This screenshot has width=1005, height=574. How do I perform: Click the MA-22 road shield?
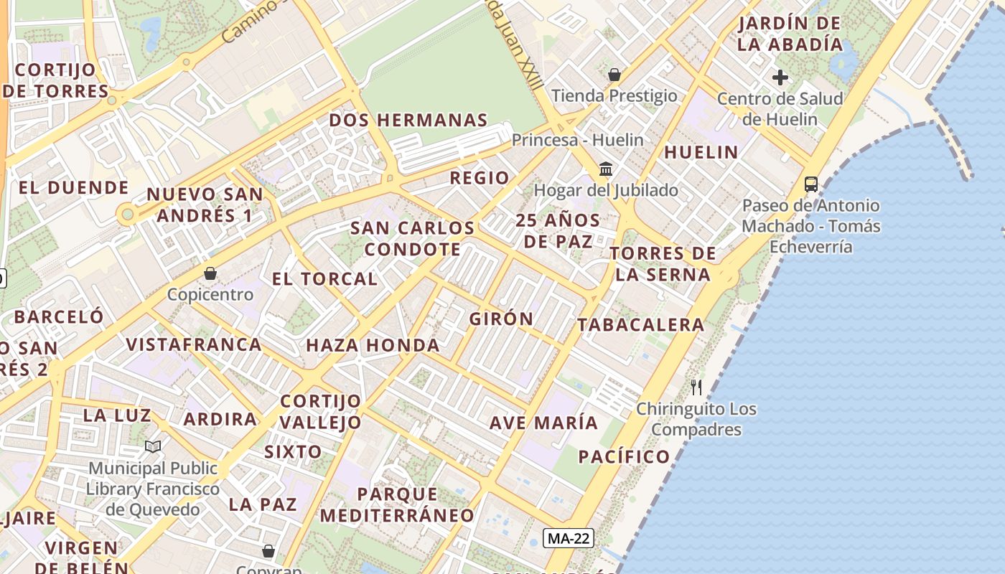pos(569,538)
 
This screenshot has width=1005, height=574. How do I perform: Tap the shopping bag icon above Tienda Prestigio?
pos(614,74)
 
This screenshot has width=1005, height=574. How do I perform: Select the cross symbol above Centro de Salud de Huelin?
pos(780,77)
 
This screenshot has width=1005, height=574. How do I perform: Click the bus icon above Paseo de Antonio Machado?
pos(810,184)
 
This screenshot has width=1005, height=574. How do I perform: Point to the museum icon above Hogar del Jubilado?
pos(606,169)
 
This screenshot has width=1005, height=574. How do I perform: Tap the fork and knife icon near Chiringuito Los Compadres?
pos(696,387)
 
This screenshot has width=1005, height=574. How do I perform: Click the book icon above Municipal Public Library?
pos(152,446)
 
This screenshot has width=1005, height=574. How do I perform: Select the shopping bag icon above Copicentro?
pos(210,273)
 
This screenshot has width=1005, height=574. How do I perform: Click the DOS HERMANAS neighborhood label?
pos(408,120)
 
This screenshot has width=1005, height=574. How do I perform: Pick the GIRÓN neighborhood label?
pos(501,319)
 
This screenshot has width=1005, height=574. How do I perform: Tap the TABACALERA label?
pos(641,324)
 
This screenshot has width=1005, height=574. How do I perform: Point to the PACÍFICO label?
pos(624,456)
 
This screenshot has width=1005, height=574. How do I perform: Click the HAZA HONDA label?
pos(373,345)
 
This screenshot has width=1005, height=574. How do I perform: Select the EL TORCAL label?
pos(324,279)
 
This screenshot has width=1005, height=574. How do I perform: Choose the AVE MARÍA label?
pos(543,423)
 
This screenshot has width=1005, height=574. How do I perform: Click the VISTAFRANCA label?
pos(194,344)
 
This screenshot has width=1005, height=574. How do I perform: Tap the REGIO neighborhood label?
pos(479,178)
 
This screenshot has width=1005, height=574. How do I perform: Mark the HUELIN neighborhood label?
pos(701,152)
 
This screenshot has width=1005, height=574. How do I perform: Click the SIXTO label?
pos(293,452)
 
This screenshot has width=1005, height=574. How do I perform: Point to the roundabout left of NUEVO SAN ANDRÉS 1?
pos(128,213)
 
